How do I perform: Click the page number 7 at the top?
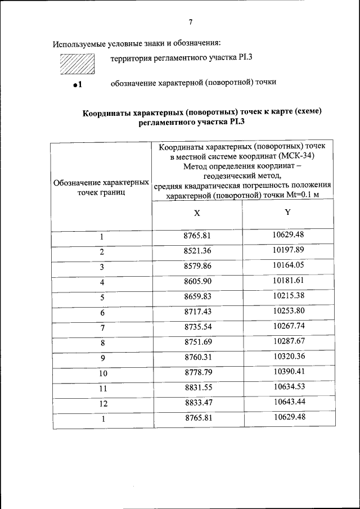point(191,22)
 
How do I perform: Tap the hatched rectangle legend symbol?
point(77,64)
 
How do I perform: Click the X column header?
point(197,214)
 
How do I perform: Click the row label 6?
point(102,313)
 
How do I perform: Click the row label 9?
point(102,358)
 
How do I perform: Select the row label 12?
point(102,403)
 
